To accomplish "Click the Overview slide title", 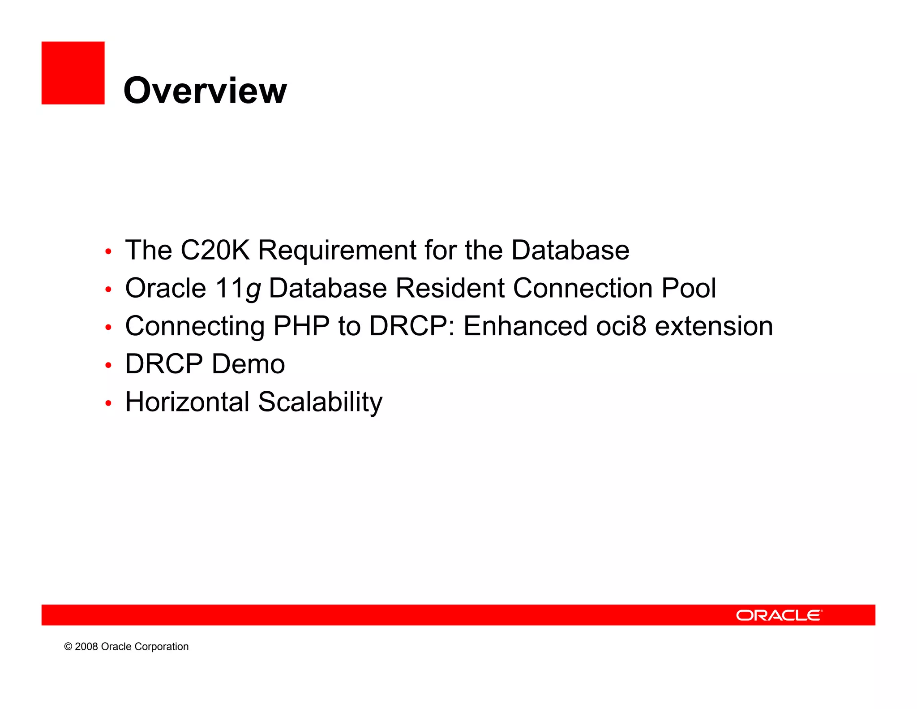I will pyautogui.click(x=205, y=91).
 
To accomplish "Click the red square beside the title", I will pyautogui.click(x=73, y=73).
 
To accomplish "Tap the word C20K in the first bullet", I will pyautogui.click(x=214, y=250).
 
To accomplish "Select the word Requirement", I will pyautogui.click(x=337, y=251).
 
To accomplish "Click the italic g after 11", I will pyautogui.click(x=253, y=290).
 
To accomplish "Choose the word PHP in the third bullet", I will pyautogui.click(x=301, y=326).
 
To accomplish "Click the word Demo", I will pyautogui.click(x=248, y=364).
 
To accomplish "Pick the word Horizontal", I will pyautogui.click(x=187, y=402).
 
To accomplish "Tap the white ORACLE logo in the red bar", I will pyautogui.click(x=779, y=615).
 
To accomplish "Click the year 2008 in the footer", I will pyautogui.click(x=86, y=647).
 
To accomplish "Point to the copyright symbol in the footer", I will pyautogui.click(x=68, y=647).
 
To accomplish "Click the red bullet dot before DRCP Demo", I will pyautogui.click(x=108, y=366).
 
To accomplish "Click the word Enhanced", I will pyautogui.click(x=525, y=326).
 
